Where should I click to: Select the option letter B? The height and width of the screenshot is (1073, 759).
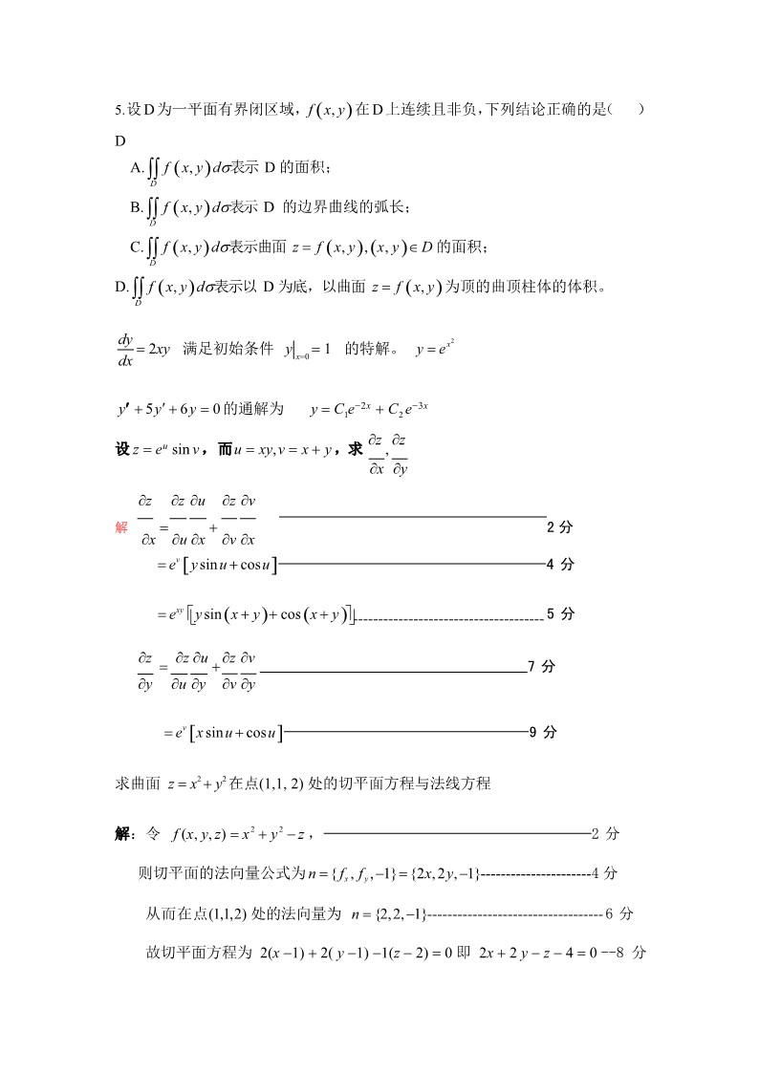(136, 207)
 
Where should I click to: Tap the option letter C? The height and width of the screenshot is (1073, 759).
(136, 247)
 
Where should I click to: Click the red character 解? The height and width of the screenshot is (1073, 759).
(121, 526)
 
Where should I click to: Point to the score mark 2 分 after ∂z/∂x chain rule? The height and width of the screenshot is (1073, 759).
(559, 526)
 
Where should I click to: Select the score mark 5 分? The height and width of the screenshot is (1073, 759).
(560, 613)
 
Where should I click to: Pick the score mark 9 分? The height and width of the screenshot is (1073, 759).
(542, 733)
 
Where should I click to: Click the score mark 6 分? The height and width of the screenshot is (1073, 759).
(619, 913)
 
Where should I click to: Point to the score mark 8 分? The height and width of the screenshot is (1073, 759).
(633, 953)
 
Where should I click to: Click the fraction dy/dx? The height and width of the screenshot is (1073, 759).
(125, 349)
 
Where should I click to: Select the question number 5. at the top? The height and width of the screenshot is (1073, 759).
(119, 110)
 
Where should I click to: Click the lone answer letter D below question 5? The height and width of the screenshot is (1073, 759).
(120, 141)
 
